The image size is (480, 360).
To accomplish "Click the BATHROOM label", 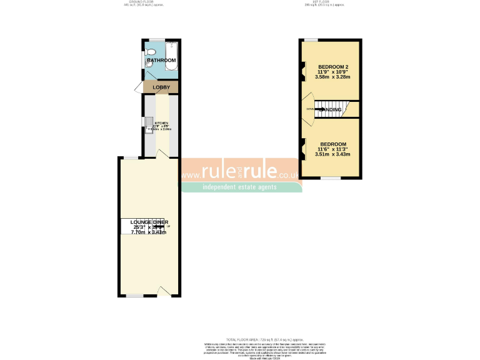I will point(161,60).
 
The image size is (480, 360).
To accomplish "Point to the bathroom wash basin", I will point(149,64).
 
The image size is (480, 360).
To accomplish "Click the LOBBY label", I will point(161,87).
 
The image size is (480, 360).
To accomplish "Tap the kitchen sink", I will point(149,122).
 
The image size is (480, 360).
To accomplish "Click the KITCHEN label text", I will point(161,123).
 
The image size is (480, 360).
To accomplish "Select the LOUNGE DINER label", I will point(149,222).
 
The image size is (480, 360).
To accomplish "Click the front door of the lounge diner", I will point(164,291).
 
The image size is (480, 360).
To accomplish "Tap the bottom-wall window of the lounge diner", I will point(134,296).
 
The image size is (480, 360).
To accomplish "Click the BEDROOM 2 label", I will point(334,67).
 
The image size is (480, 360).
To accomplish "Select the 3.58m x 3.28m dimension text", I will point(333,77).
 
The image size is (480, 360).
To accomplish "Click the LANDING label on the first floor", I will point(333,110).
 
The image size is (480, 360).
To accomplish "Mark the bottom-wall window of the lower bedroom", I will point(331,178).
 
